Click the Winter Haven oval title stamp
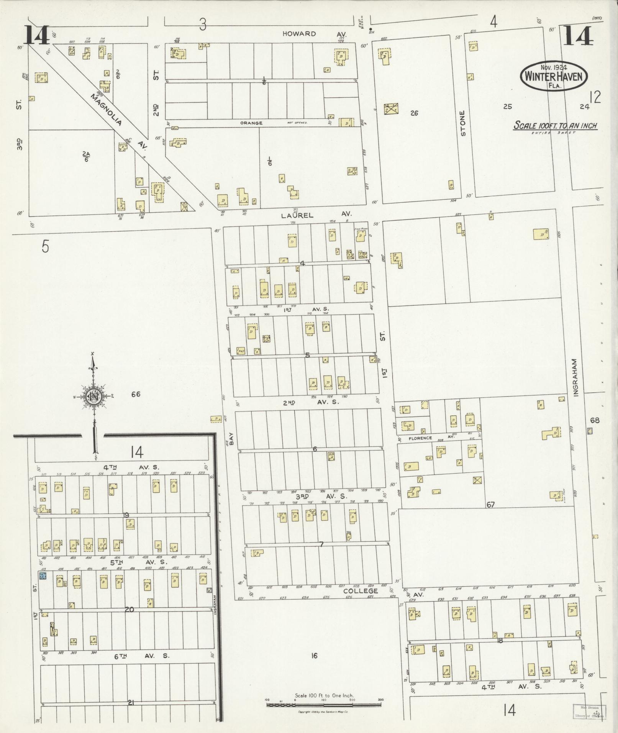[553, 76]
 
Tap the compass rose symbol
[93, 396]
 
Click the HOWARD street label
[299, 34]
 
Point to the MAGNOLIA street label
[107, 110]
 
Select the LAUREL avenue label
[297, 215]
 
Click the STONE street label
[463, 123]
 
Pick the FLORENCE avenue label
[420, 438]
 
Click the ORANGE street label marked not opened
[251, 123]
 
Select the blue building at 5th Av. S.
[43, 576]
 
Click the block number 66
[136, 394]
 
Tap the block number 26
[414, 113]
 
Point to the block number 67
[490, 505]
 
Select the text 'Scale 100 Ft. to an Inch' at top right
[555, 126]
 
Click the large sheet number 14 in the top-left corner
[37, 35]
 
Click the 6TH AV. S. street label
[141, 656]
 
